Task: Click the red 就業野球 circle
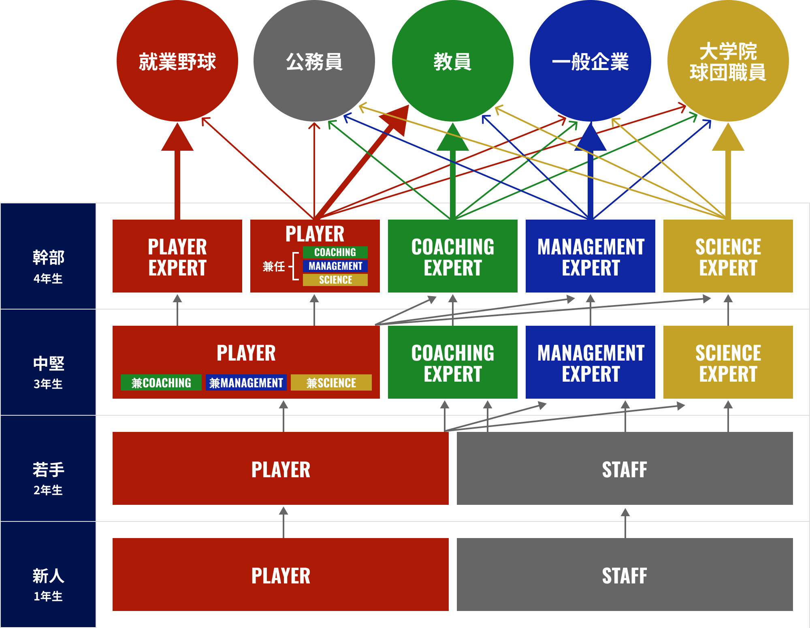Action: tap(177, 61)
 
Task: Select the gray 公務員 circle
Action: tap(314, 61)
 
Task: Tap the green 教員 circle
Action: tap(452, 61)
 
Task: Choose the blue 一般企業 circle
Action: tap(590, 61)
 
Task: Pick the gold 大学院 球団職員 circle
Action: tap(728, 61)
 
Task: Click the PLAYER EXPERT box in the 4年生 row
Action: tap(177, 256)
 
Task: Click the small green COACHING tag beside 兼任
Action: tap(335, 252)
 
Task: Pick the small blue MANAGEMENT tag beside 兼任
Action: tap(335, 266)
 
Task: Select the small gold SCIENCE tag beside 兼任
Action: tap(335, 280)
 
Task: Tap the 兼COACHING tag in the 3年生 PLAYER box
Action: tap(161, 382)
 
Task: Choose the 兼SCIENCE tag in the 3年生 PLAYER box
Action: tap(331, 382)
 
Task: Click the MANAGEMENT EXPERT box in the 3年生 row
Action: tap(590, 362)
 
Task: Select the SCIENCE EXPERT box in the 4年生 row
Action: tap(728, 256)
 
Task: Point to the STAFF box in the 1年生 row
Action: tap(625, 575)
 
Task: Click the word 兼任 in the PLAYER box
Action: tap(274, 266)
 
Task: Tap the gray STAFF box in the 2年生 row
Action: tap(625, 468)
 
